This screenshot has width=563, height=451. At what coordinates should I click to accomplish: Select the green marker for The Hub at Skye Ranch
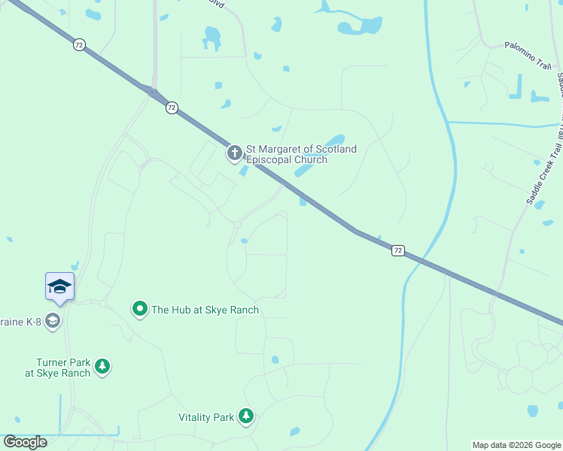tap(139, 309)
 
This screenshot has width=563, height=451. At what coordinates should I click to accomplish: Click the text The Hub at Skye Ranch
tap(205, 310)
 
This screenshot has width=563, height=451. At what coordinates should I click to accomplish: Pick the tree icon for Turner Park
tap(102, 367)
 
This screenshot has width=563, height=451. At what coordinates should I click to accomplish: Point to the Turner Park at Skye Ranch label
tap(57, 368)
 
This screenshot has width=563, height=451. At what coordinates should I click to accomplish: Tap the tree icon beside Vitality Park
tap(245, 416)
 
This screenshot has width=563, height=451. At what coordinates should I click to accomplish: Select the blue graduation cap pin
tap(59, 286)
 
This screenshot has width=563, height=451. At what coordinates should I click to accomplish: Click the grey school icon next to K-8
tap(52, 321)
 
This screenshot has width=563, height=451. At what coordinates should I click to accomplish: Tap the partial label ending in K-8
tap(20, 321)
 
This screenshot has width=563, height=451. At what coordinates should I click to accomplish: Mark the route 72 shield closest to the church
tap(172, 107)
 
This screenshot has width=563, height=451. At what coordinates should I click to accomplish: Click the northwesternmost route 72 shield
tap(79, 45)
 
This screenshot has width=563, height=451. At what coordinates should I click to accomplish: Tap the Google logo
tap(25, 442)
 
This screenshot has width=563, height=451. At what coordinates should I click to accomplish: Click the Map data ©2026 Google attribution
tap(516, 445)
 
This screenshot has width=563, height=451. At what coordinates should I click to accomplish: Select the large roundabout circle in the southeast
tap(519, 379)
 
